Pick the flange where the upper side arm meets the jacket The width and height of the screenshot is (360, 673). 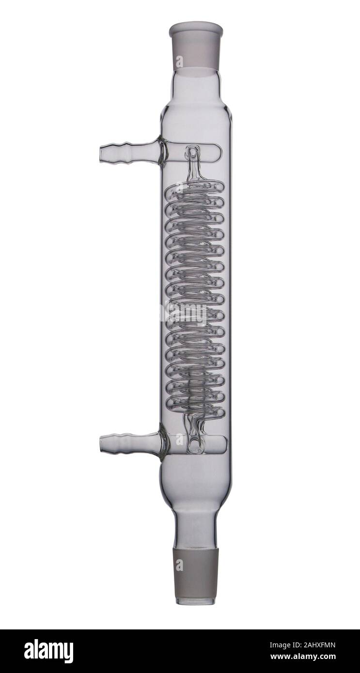[162, 152]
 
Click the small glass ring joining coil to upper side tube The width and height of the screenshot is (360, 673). [193, 154]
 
